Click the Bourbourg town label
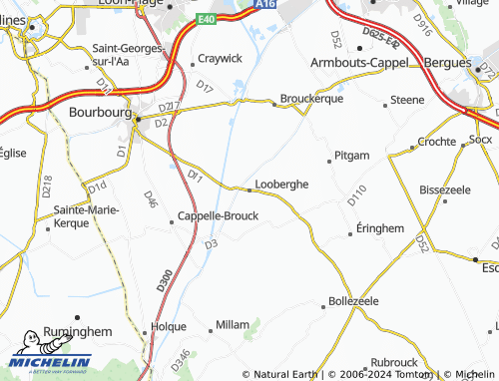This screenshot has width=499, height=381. (x=100, y=113)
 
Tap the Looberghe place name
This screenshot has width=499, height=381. (x=282, y=185)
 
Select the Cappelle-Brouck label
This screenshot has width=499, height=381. (x=218, y=215)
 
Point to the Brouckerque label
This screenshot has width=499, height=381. (x=312, y=100)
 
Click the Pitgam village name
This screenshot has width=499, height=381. (x=353, y=156)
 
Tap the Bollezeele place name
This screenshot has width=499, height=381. (x=353, y=300)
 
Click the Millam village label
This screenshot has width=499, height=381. (x=233, y=326)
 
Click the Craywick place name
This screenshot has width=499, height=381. (x=220, y=58)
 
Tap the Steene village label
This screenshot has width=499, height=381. (x=407, y=101)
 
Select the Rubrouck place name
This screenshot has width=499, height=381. (x=392, y=362)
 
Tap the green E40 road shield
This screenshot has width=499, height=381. (x=206, y=19)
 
